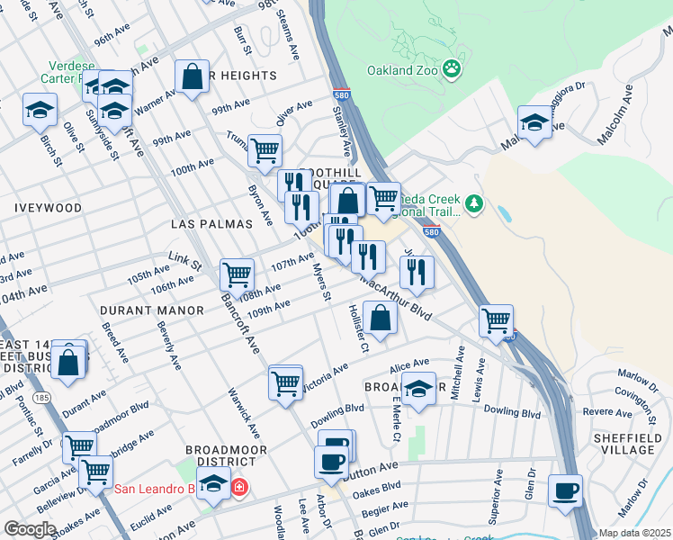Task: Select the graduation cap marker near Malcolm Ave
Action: (534, 122)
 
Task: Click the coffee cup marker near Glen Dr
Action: (564, 491)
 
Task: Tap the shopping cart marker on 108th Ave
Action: (236, 274)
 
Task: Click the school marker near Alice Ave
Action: (417, 389)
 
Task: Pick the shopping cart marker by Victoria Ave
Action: (285, 382)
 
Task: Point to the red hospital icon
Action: (238, 489)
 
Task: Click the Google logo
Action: (30, 529)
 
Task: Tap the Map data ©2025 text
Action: (635, 533)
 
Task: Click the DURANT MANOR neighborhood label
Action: (142, 310)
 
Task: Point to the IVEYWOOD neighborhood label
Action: (48, 208)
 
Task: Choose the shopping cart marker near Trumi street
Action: (264, 150)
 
